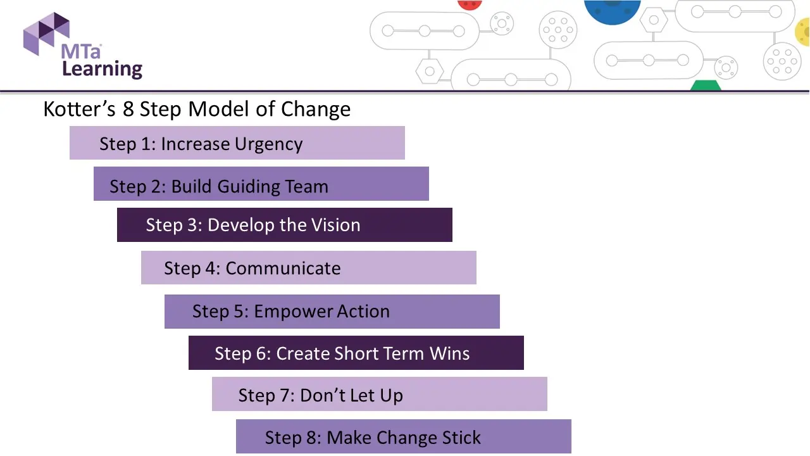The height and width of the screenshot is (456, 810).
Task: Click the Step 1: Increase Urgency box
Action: [x=237, y=143]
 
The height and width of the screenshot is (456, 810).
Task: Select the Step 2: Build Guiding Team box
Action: [x=261, y=184]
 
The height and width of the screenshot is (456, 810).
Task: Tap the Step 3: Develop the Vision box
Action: [x=284, y=225]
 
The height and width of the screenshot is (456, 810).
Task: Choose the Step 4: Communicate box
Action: [x=308, y=268]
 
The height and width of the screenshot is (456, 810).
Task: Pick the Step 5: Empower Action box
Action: [x=332, y=311]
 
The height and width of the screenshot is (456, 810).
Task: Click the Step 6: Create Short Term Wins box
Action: [x=356, y=353]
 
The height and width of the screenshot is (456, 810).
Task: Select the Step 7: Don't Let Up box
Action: [x=379, y=395]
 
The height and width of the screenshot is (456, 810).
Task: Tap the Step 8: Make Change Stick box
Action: [x=403, y=437]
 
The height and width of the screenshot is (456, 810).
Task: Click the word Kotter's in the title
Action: [x=79, y=109]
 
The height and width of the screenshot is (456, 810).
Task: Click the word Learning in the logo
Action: [x=102, y=68]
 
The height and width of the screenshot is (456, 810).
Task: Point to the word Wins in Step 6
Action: [x=449, y=353]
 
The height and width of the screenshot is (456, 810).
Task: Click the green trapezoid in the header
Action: [x=706, y=85]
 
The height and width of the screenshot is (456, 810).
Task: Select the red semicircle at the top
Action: [x=470, y=4]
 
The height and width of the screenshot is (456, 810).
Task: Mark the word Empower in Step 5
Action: [x=290, y=312]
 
